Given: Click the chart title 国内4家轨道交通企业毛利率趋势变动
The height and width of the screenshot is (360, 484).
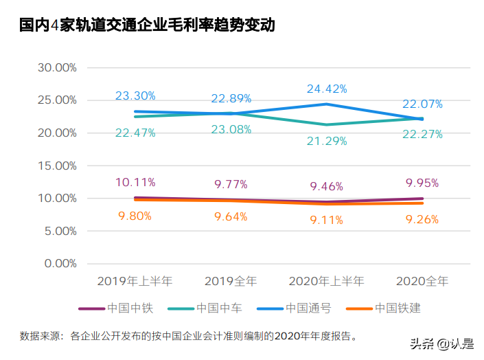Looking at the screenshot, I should pyautogui.click(x=147, y=26).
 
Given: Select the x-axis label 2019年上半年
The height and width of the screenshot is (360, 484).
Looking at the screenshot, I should pyautogui.click(x=135, y=281).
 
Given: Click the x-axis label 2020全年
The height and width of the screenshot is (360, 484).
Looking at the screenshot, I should pyautogui.click(x=422, y=281).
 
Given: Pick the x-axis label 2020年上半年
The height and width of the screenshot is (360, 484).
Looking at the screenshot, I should pyautogui.click(x=326, y=281).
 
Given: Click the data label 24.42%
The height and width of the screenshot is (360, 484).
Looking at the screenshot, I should pyautogui.click(x=327, y=89).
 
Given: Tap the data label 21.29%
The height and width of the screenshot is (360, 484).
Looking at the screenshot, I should pyautogui.click(x=327, y=141).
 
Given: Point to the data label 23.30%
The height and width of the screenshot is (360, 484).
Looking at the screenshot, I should pyautogui.click(x=135, y=95).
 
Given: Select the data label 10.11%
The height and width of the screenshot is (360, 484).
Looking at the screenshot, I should pyautogui.click(x=135, y=182).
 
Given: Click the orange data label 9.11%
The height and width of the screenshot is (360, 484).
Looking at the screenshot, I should pyautogui.click(x=327, y=221).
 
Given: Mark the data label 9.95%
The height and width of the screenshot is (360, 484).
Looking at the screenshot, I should pyautogui.click(x=422, y=183).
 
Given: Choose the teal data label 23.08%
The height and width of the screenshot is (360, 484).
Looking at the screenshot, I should pyautogui.click(x=231, y=129).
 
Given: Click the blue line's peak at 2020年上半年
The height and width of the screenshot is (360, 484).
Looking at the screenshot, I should pyautogui.click(x=327, y=104).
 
